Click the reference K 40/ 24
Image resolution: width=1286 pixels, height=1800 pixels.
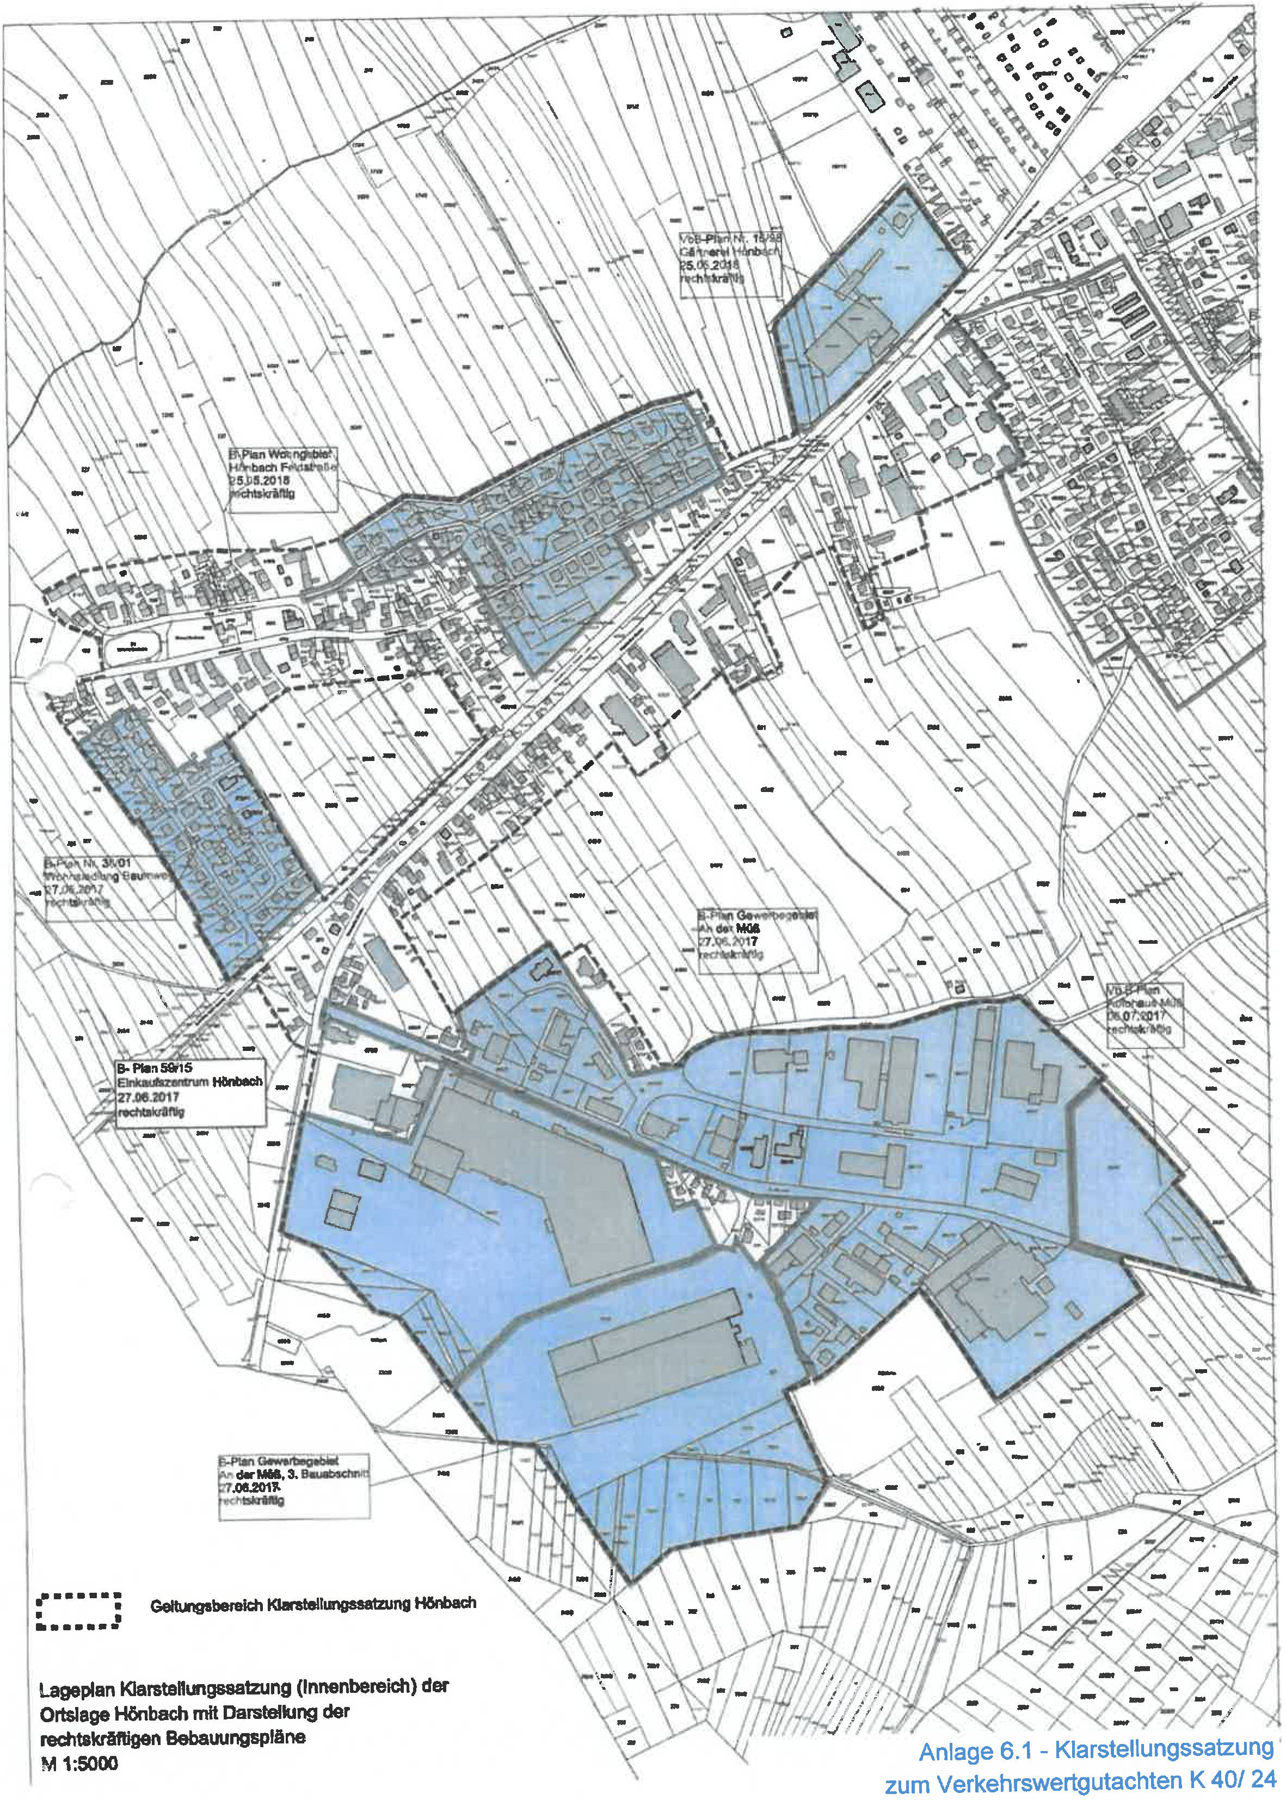pyautogui.click(x=1229, y=1779)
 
